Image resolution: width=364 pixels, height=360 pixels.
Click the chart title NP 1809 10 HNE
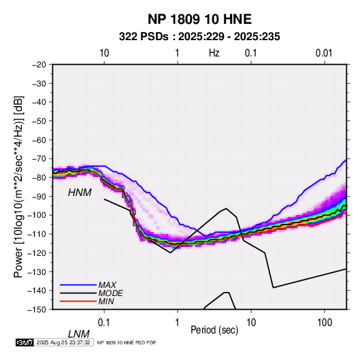click(199, 19)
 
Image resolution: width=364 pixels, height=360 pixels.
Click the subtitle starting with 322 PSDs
click(199, 37)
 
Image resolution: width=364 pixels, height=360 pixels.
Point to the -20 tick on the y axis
click(39, 65)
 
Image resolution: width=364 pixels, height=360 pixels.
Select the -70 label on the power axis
click(39, 159)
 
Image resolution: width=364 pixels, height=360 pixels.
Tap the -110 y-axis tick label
click(37, 234)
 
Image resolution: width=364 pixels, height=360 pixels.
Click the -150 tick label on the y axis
click(37, 310)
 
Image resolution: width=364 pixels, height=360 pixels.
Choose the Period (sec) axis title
click(214, 330)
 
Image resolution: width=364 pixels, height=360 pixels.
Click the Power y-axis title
click(18, 186)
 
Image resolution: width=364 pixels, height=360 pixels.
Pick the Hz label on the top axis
click(214, 53)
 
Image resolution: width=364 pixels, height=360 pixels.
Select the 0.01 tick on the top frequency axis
click(324, 53)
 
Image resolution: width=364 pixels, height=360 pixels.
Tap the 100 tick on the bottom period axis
click(325, 323)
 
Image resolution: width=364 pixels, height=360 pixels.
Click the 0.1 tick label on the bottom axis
click(104, 323)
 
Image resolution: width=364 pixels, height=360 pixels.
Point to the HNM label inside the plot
click(80, 193)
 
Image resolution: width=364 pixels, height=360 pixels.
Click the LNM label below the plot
click(79, 334)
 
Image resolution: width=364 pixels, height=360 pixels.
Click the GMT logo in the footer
click(25, 342)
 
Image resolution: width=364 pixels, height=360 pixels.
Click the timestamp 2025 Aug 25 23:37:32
click(63, 342)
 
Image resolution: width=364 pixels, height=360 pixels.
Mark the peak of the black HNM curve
click(226, 208)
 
